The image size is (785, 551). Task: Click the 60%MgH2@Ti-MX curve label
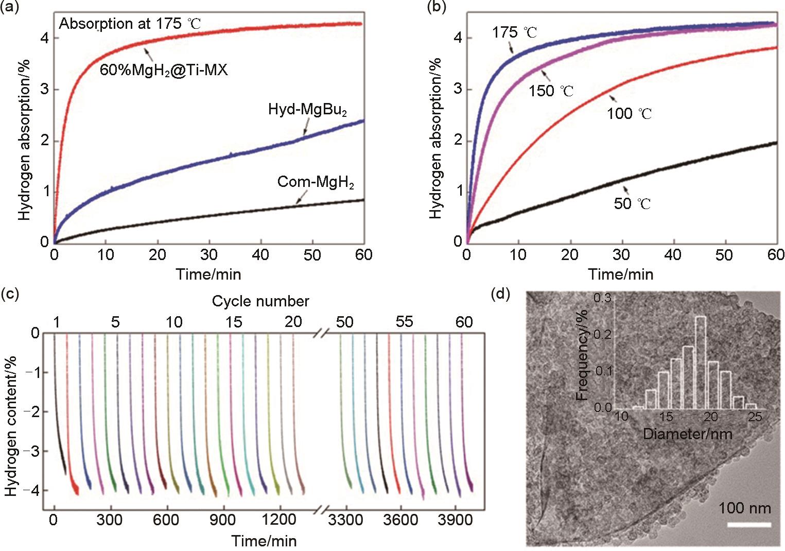point(164,70)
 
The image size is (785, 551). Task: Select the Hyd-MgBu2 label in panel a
point(307,110)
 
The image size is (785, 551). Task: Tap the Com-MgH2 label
point(316,182)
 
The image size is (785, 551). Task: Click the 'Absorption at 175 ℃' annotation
point(130,24)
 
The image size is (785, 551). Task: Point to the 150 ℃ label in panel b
point(551,91)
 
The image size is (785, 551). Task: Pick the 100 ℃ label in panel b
point(629,113)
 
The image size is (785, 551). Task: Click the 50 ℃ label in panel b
point(632,203)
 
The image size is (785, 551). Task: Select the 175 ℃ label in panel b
point(514,32)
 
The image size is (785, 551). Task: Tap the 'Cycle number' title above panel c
point(260,301)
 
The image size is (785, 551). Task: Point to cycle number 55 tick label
point(404,322)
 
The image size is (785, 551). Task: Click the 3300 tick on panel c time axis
point(345,520)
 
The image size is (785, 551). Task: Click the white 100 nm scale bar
point(749,525)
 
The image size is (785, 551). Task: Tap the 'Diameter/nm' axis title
point(687,434)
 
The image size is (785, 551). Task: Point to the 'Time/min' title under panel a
point(208,274)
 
